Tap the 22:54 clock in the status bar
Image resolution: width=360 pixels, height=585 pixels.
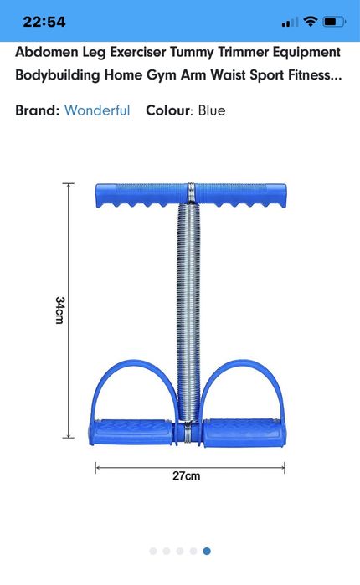tap(44, 21)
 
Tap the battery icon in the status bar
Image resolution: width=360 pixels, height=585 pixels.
tap(335, 21)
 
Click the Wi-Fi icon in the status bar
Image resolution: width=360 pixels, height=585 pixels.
tap(311, 21)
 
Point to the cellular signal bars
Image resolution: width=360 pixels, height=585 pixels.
tap(290, 22)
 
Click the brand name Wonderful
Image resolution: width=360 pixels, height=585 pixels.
tap(97, 110)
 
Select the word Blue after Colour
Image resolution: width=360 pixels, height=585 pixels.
tap(212, 110)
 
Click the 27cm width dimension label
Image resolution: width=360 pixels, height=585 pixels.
tap(186, 476)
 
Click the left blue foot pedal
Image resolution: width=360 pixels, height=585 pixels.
tap(132, 431)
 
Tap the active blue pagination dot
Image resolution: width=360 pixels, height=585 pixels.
tap(207, 551)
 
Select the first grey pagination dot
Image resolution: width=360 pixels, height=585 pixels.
tap(153, 551)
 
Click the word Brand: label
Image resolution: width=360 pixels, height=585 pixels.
tap(37, 110)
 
